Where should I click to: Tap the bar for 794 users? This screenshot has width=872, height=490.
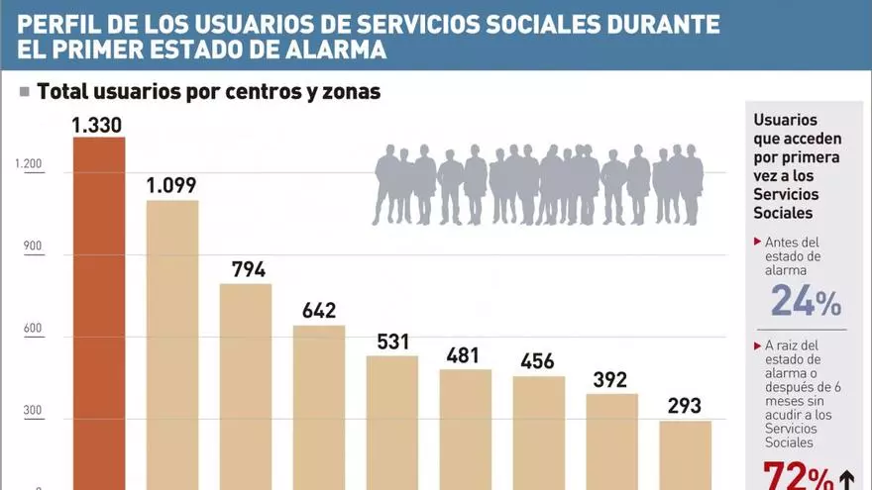tap(246, 386)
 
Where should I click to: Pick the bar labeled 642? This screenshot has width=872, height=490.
tap(319, 407)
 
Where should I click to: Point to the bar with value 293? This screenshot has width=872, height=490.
tap(686, 454)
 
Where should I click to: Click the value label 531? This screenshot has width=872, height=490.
tap(391, 342)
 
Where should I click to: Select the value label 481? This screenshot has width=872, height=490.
tap(466, 355)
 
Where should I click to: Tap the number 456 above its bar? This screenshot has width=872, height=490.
tap(538, 361)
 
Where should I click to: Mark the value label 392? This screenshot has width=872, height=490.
tap(611, 379)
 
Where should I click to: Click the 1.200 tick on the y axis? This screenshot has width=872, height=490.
tap(29, 165)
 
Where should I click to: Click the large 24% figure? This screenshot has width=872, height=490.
tap(806, 300)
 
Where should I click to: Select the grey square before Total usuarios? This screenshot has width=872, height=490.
tap(24, 92)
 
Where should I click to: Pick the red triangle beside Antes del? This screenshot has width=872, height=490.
tap(757, 242)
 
